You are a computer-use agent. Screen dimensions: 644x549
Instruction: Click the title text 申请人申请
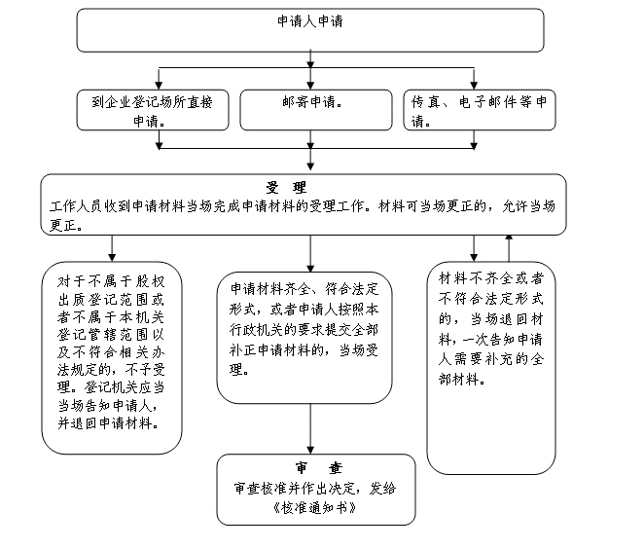click(x=310, y=21)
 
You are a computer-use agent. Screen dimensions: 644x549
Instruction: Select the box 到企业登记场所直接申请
click(x=153, y=110)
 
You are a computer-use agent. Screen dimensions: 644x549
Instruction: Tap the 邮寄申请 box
click(x=316, y=110)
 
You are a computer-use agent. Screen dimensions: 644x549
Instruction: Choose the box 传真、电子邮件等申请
click(x=480, y=110)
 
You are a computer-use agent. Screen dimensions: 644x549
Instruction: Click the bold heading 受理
click(x=286, y=188)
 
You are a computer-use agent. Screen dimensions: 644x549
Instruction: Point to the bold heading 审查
click(x=319, y=467)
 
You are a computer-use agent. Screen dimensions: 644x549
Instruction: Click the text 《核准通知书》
click(x=314, y=508)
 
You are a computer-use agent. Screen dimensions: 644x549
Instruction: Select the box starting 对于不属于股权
click(x=112, y=358)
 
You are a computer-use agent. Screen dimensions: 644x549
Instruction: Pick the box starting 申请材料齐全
click(x=304, y=338)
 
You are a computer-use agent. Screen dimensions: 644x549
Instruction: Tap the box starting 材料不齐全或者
click(x=491, y=368)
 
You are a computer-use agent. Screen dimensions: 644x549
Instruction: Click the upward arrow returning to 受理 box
click(x=509, y=248)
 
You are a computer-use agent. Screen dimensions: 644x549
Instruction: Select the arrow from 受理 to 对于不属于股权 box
click(x=112, y=248)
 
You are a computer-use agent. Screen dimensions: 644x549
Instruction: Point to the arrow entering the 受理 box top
click(x=310, y=159)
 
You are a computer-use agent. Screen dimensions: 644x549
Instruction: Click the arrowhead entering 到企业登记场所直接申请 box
click(x=159, y=86)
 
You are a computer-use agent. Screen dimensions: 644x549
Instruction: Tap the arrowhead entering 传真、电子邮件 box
click(x=474, y=86)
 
